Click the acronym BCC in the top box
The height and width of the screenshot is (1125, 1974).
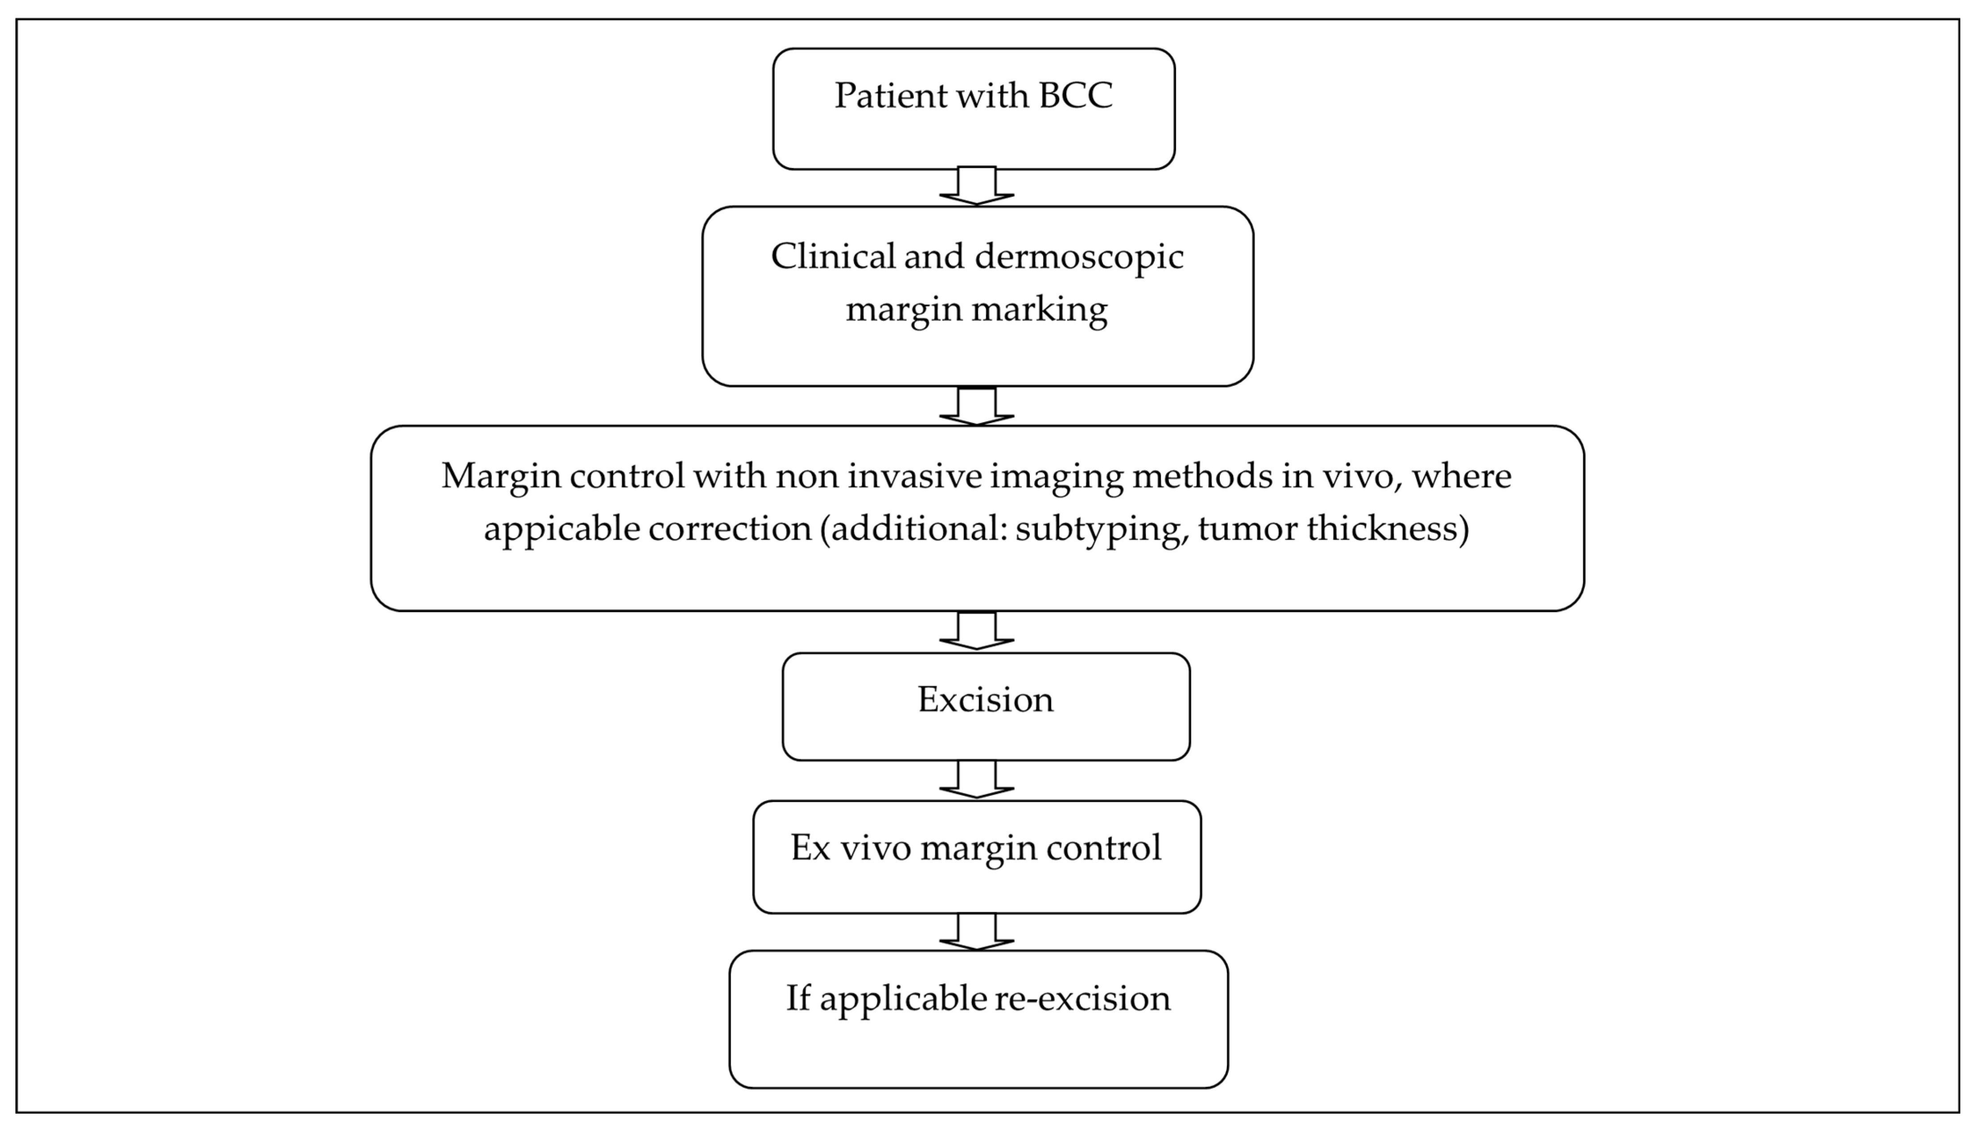click(x=1075, y=96)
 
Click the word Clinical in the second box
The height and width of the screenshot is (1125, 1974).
click(x=833, y=257)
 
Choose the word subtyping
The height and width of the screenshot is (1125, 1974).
click(x=1101, y=529)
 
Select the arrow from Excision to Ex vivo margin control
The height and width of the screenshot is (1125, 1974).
click(x=976, y=779)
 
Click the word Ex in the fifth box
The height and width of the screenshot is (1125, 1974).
click(x=810, y=848)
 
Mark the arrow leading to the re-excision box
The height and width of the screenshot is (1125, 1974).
click(x=976, y=931)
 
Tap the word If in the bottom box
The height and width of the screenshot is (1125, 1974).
click(x=798, y=998)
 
